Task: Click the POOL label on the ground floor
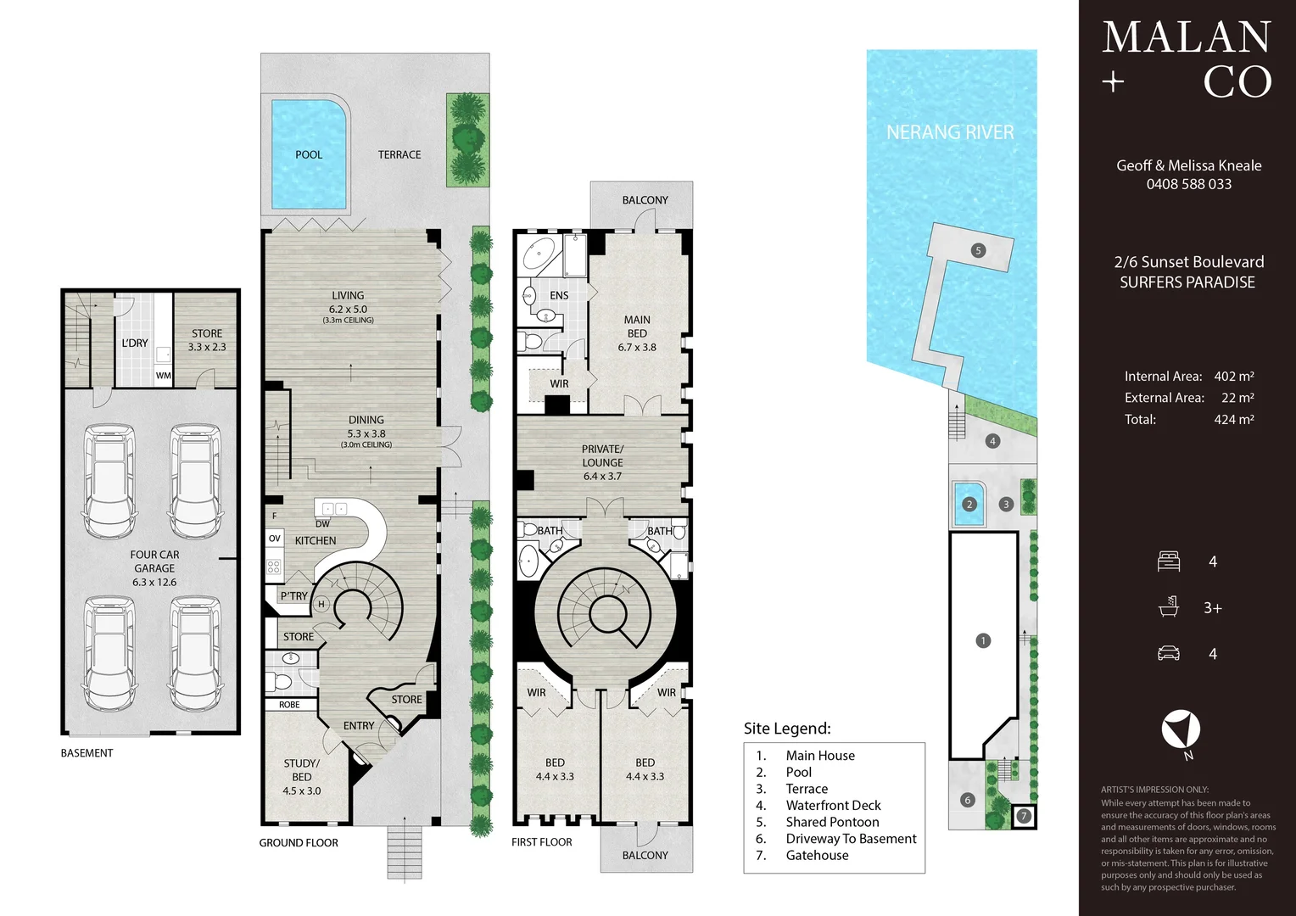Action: click(x=309, y=154)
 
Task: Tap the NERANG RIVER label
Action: click(x=950, y=132)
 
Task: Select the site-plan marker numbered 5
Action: click(x=979, y=250)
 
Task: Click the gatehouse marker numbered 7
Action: click(x=1024, y=817)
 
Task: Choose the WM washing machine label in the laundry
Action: click(x=163, y=376)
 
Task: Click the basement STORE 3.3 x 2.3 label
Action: click(x=207, y=340)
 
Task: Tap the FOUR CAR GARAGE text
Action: click(x=154, y=561)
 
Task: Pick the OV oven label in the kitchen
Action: click(x=274, y=538)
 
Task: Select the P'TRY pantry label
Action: click(x=294, y=596)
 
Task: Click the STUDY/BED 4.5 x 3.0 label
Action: click(x=301, y=777)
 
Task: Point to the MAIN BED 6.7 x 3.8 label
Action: click(x=637, y=333)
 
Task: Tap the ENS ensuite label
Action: click(x=559, y=295)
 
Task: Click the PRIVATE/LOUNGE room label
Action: click(x=602, y=456)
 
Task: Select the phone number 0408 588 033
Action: click(x=1189, y=185)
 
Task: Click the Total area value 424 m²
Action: click(x=1234, y=420)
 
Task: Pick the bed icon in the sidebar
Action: click(x=1169, y=561)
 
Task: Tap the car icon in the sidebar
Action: click(x=1169, y=653)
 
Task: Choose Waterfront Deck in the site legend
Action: click(x=833, y=806)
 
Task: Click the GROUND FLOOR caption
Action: click(x=299, y=843)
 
